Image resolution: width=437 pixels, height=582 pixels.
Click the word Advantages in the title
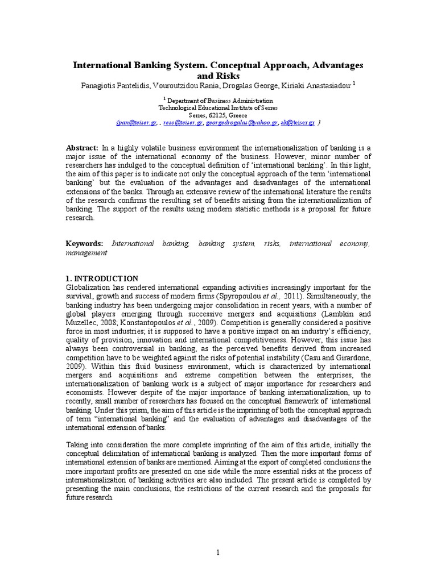coord(333,65)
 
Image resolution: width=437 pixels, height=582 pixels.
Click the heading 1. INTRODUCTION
coord(102,278)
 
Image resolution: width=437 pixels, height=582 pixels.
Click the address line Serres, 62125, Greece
coord(218,115)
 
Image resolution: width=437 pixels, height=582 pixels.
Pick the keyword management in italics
coord(86,253)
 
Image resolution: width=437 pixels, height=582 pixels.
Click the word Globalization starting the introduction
coord(89,287)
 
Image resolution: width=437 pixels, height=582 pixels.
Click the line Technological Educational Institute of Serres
coord(218,107)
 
